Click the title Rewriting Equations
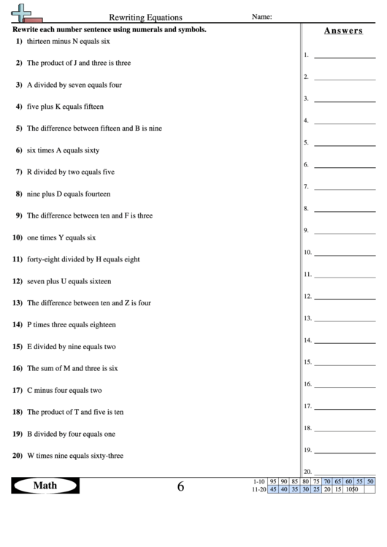pos(146,17)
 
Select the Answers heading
pos(343,31)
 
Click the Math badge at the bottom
pos(45,486)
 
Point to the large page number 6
pos(180,487)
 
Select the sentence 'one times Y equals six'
pos(61,237)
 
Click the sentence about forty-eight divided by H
pos(83,259)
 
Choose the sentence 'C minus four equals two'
pos(64,390)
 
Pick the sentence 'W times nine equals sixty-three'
pos(74,456)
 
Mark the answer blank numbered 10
pos(345,252)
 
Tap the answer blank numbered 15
pos(345,362)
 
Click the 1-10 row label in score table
pos(257,481)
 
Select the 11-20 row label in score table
pos(257,489)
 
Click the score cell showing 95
pos(272,481)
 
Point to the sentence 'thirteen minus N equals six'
pos(68,42)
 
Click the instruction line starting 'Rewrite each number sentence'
pos(110,30)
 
